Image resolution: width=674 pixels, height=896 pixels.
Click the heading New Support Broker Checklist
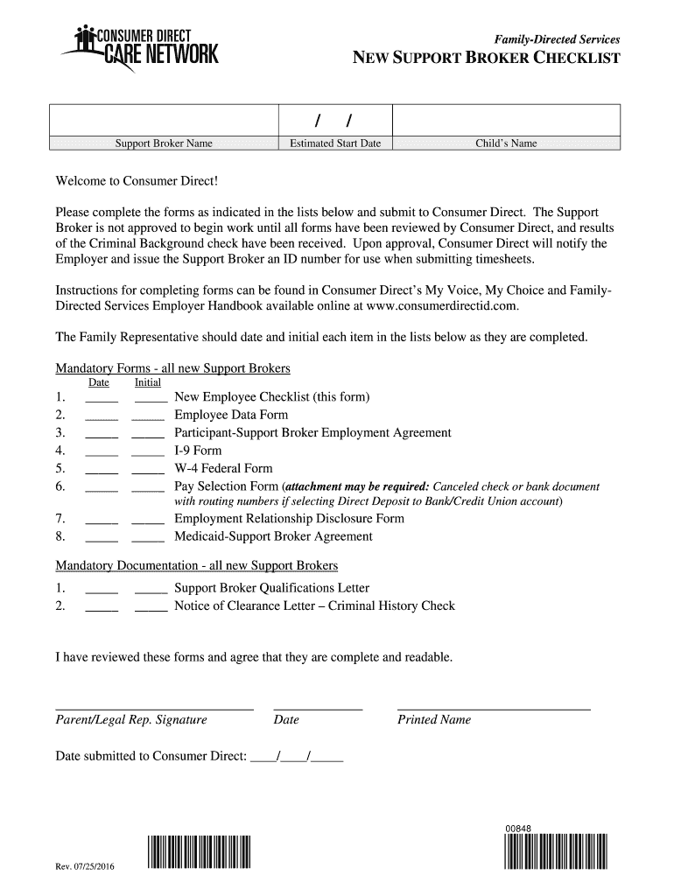tap(486, 59)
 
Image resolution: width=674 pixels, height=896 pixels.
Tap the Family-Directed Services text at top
tap(557, 39)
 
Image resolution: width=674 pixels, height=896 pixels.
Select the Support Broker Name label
tap(165, 143)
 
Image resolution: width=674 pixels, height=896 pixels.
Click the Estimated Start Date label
tap(335, 143)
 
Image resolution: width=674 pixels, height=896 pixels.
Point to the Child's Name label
tap(506, 143)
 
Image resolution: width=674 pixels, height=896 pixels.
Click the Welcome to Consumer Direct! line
tap(136, 181)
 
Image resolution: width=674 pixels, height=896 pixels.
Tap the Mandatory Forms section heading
tap(172, 368)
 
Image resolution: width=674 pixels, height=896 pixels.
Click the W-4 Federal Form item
tap(223, 468)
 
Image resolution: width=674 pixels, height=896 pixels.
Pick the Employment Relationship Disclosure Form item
tap(289, 518)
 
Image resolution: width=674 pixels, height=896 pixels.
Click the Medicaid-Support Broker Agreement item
tap(273, 536)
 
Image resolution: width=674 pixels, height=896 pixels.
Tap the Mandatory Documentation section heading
tap(196, 565)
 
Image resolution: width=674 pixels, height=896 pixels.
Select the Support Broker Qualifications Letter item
tap(271, 588)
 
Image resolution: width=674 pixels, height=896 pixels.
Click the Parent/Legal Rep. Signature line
tap(154, 706)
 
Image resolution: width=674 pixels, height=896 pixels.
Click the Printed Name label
tap(434, 720)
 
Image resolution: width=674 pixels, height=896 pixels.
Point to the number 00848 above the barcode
tap(517, 829)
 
